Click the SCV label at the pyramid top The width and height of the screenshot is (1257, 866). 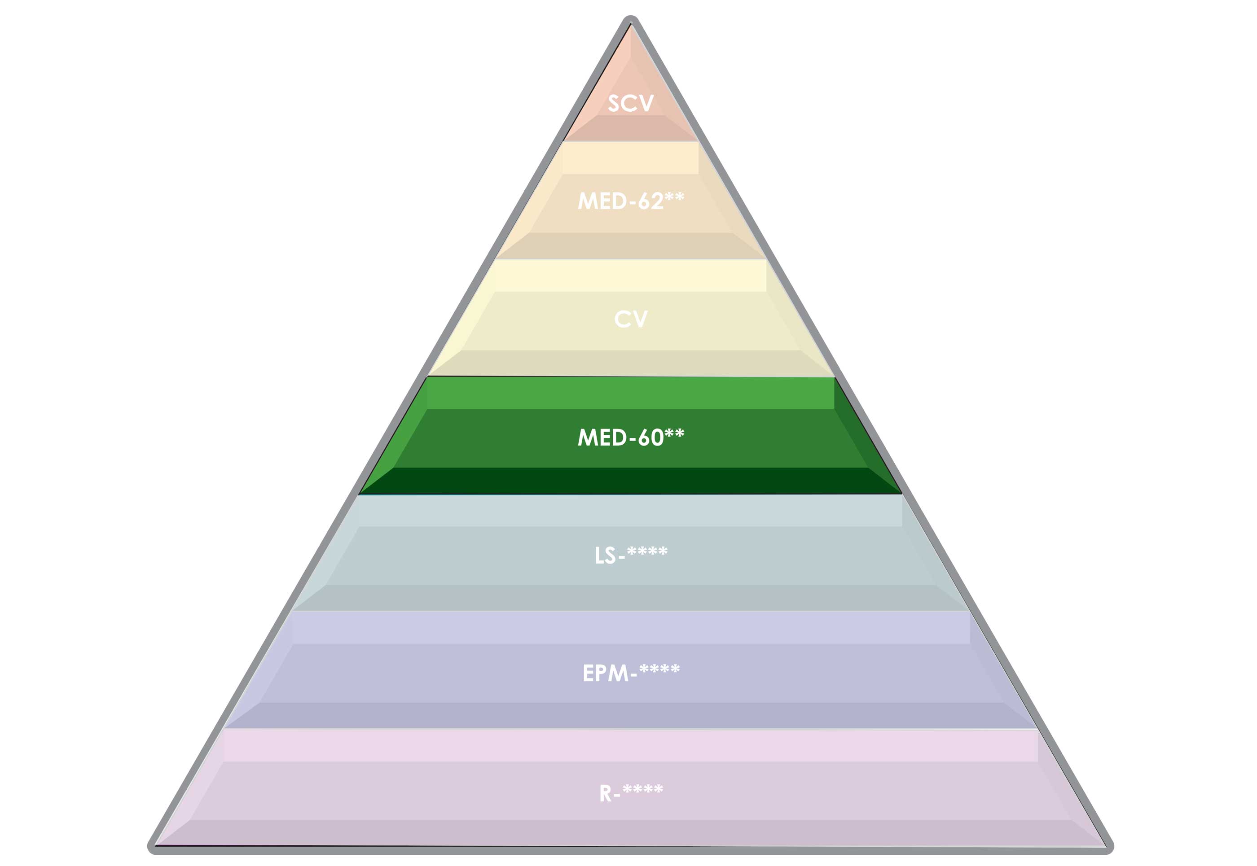[630, 104]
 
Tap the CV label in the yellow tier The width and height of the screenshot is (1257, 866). [630, 319]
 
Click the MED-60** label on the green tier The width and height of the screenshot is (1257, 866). [630, 437]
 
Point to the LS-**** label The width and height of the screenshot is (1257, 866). [630, 555]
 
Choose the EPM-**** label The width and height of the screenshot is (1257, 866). [630, 673]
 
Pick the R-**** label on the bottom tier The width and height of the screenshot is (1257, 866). [630, 793]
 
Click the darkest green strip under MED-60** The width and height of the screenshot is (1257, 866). [630, 480]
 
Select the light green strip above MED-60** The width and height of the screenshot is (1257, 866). [630, 393]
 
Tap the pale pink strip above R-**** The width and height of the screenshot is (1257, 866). [630, 746]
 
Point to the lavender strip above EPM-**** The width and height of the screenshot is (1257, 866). [630, 628]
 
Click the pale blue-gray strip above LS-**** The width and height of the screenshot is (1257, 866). [630, 511]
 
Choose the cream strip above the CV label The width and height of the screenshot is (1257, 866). [630, 276]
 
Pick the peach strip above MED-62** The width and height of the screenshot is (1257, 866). [630, 158]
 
